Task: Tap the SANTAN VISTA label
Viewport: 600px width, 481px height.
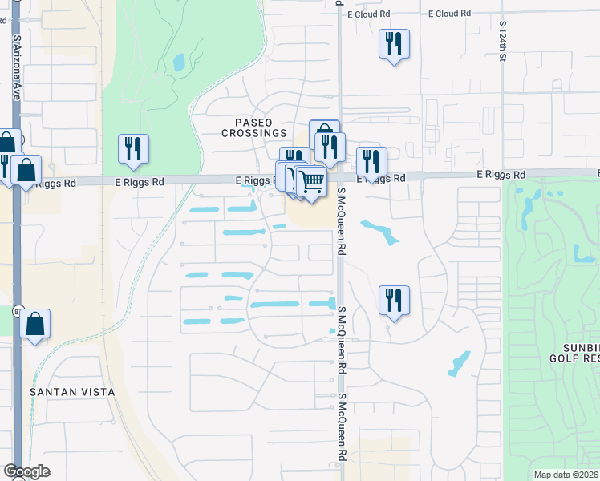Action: click(71, 392)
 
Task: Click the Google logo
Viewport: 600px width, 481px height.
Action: click(26, 471)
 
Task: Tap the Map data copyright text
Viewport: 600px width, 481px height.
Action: click(566, 475)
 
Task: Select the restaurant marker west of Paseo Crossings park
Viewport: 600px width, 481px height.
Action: click(133, 148)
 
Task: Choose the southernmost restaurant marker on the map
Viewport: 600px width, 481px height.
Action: click(394, 301)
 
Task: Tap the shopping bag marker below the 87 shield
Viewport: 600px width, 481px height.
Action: click(35, 324)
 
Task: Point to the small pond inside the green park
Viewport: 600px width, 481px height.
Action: click(178, 62)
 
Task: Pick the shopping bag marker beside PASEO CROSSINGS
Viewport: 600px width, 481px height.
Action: click(324, 134)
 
